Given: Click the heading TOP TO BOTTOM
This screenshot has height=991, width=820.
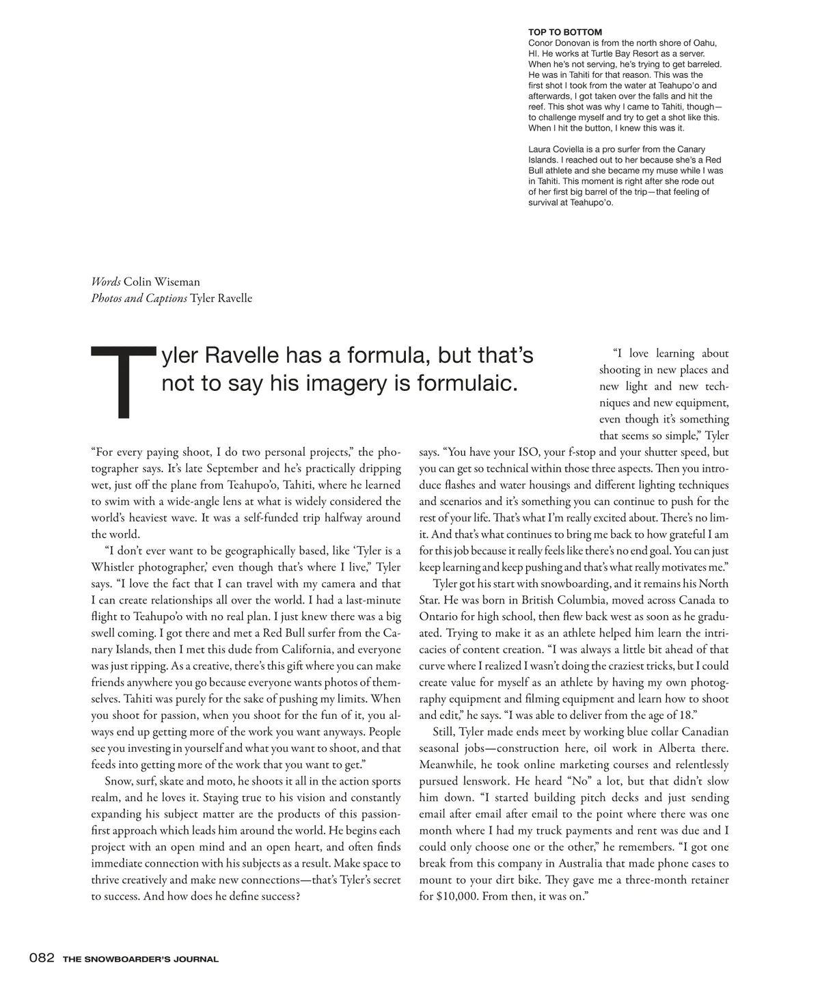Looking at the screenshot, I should (565, 32).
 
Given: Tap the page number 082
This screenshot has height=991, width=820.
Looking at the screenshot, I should (41, 958).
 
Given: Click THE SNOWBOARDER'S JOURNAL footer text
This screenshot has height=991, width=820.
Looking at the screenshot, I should (141, 959).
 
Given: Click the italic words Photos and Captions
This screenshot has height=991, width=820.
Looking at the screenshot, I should (139, 298).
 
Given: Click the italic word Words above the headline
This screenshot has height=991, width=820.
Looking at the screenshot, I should (106, 282).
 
